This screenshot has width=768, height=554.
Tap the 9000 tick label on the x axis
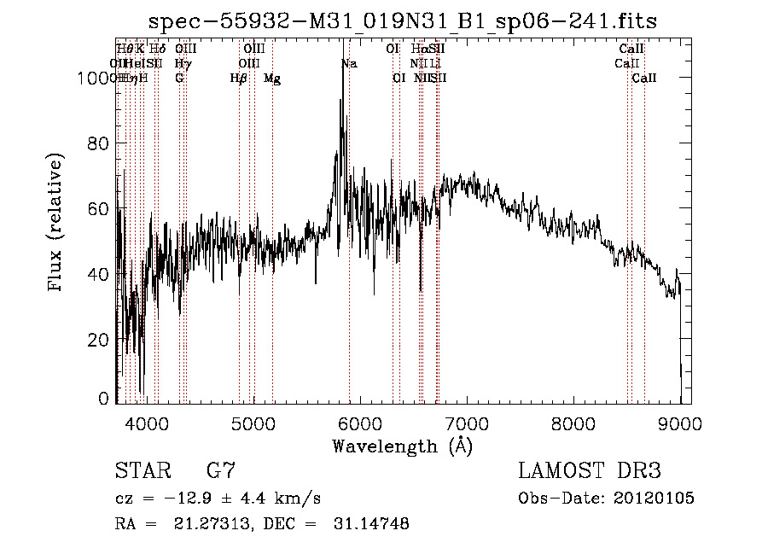click(680, 423)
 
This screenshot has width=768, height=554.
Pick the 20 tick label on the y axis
click(101, 339)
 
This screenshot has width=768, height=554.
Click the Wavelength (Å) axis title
click(402, 446)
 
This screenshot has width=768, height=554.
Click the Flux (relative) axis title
click(57, 224)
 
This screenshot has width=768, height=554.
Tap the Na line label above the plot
click(349, 63)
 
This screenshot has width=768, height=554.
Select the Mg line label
click(272, 79)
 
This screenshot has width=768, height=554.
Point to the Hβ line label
click(239, 79)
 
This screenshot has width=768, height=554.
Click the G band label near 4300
click(179, 79)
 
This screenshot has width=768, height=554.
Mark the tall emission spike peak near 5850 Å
click(343, 65)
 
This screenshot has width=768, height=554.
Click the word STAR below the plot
click(143, 471)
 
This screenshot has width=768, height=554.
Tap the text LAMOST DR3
click(589, 471)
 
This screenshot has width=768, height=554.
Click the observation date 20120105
click(654, 499)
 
